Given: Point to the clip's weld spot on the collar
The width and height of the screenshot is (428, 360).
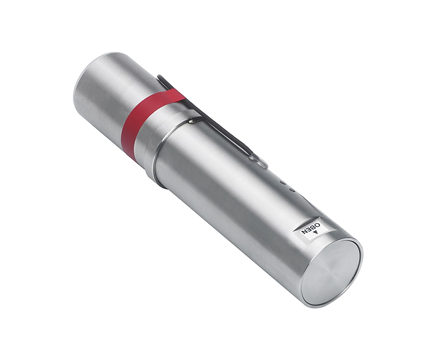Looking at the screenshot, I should pyautogui.click(x=192, y=120).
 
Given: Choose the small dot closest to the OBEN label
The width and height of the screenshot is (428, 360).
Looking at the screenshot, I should pyautogui.click(x=292, y=191).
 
